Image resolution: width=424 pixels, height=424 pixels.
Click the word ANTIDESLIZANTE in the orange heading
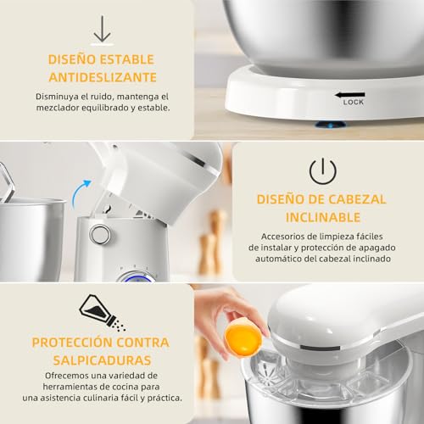point(102,77)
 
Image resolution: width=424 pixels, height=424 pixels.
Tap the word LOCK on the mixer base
point(354,102)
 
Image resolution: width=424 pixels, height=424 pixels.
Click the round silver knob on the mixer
point(100,234)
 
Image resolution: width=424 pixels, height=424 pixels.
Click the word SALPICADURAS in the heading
point(100,358)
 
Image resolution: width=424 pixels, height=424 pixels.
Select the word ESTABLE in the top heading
point(130,60)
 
